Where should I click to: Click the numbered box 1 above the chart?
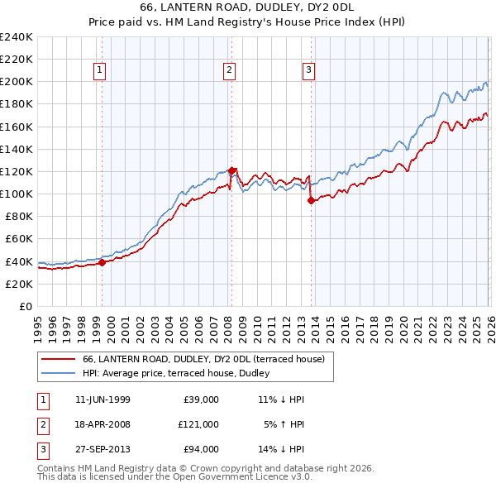(x=98, y=70)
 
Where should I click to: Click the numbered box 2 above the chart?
(x=228, y=70)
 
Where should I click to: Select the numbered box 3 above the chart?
(x=308, y=70)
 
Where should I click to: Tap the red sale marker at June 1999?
(x=102, y=262)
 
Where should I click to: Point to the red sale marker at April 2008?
(x=231, y=170)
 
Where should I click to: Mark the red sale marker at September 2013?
(x=311, y=200)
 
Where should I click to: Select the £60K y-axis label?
(x=18, y=239)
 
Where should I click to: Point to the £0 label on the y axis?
(x=25, y=306)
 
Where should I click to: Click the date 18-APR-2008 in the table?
(x=103, y=423)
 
